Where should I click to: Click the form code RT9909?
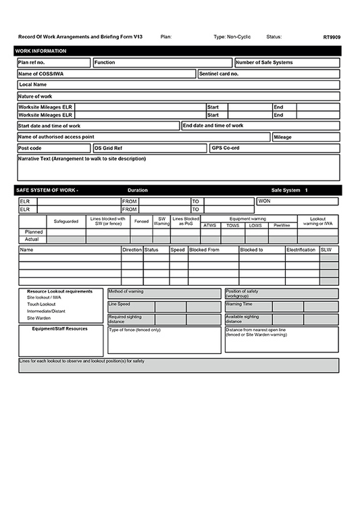point(331,37)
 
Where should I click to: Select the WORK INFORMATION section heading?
point(41,51)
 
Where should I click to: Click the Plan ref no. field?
point(53,63)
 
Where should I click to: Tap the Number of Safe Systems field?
point(286,63)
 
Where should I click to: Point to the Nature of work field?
point(178,97)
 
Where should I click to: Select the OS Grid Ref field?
point(149,148)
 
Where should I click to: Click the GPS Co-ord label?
point(226,148)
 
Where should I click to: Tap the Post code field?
point(53,148)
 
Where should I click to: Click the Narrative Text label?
point(82,159)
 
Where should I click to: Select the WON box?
point(297,201)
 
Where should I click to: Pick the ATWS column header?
point(210,225)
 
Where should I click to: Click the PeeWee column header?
point(281,225)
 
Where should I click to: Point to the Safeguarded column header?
point(66,222)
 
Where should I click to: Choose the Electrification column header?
point(301,250)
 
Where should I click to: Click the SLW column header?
point(327,250)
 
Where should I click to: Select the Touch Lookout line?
point(42,304)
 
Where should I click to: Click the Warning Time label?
point(239,304)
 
